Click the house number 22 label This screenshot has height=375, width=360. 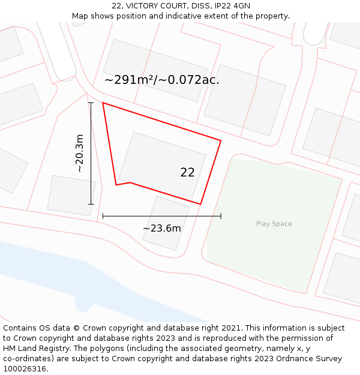tap(187, 172)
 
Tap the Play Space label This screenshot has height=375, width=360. tap(274, 224)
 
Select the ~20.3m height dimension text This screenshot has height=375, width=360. tap(79, 153)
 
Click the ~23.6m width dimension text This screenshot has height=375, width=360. tap(161, 228)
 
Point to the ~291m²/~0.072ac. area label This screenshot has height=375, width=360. tap(161, 79)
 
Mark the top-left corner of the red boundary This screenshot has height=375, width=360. tap(103, 103)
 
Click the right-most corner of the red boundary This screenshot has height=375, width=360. tap(221, 140)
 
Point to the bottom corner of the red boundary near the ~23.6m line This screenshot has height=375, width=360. tap(200, 204)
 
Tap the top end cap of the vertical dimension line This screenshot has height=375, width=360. tap(91, 103)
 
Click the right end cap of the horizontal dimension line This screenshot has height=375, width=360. tap(221, 215)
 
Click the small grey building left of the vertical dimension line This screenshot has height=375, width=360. tap(71, 195)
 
